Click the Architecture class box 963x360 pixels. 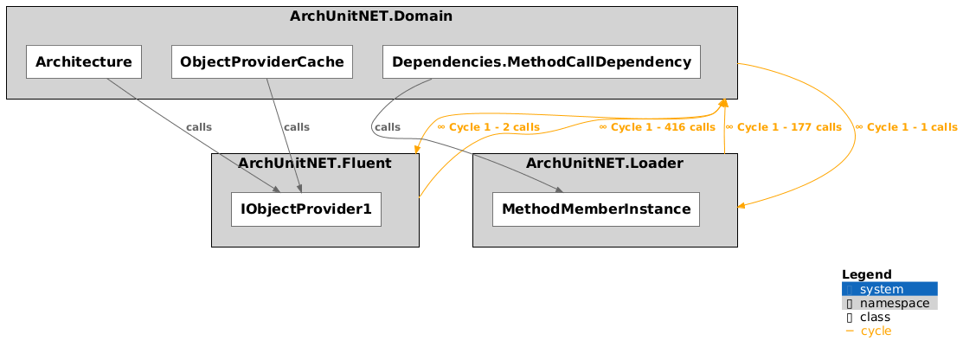84,61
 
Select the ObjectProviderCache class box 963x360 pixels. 261,61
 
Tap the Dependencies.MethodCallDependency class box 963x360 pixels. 541,61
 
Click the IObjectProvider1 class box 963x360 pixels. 306,209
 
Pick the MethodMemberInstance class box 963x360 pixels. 595,209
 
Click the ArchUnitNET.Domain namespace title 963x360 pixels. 371,16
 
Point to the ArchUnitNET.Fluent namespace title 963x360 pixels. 315,163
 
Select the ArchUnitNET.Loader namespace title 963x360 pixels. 605,163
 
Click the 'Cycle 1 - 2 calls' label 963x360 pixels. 489,127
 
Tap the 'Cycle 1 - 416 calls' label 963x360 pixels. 658,127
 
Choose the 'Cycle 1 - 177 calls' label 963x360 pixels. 783,127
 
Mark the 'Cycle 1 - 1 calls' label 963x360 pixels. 906,127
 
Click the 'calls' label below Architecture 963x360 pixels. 199,127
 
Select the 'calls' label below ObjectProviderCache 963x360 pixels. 297,127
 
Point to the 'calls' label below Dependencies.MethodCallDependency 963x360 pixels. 388,127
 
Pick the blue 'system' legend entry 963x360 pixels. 889,289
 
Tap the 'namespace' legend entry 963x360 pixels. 889,303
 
